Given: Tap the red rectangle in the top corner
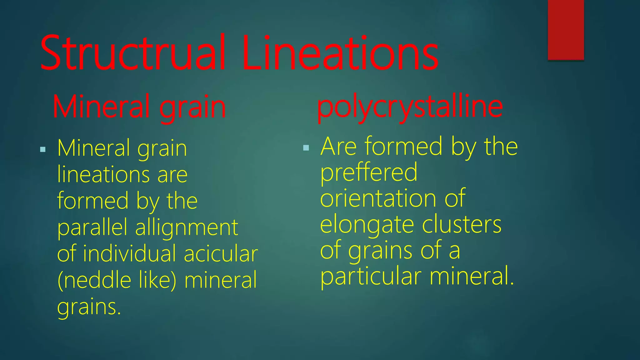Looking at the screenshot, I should pyautogui.click(x=566, y=30).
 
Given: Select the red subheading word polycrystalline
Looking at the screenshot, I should pyautogui.click(x=410, y=107).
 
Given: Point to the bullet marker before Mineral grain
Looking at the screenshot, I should pyautogui.click(x=43, y=149).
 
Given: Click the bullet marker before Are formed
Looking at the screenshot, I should pyautogui.click(x=306, y=147).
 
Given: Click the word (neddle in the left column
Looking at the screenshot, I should pyautogui.click(x=94, y=280).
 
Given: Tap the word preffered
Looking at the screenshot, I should pyautogui.click(x=369, y=173).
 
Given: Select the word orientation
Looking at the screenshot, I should pyautogui.click(x=378, y=199).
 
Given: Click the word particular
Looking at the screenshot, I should pyautogui.click(x=371, y=277).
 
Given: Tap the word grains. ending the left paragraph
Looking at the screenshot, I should pyautogui.click(x=89, y=307).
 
